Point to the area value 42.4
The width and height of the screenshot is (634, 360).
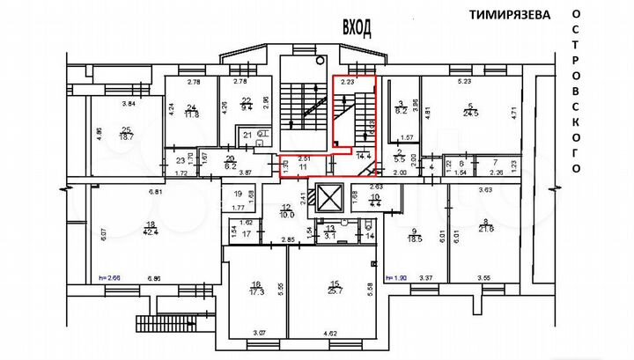(151, 232)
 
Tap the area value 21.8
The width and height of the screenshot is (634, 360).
(485, 230)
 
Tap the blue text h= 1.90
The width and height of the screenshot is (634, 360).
(400, 278)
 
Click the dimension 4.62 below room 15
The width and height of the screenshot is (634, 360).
(330, 334)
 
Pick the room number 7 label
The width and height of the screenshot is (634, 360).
(496, 163)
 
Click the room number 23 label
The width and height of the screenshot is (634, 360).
(181, 161)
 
